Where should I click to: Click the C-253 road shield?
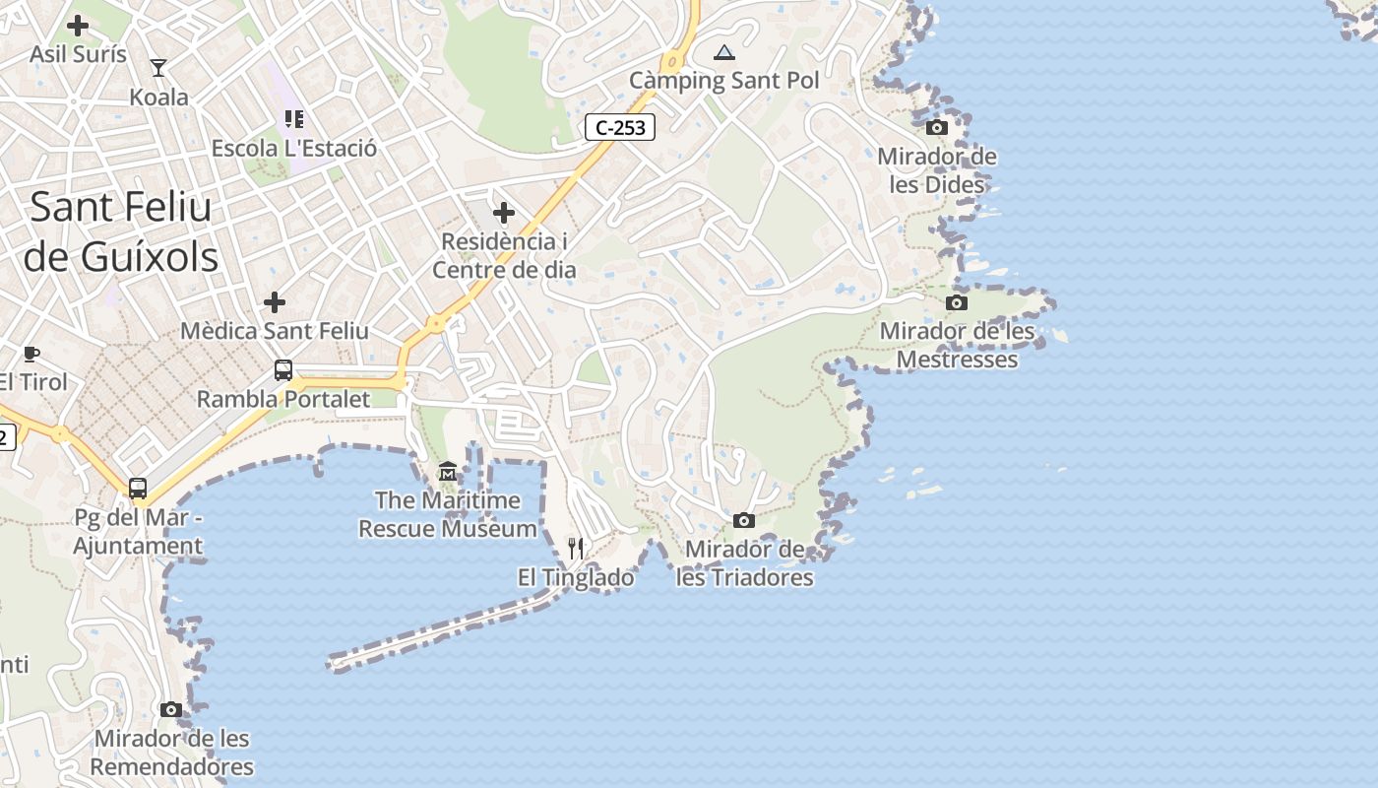(x=620, y=127)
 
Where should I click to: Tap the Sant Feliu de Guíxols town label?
(x=120, y=231)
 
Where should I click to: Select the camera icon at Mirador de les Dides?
(x=937, y=127)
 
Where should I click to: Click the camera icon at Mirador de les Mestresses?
(x=957, y=302)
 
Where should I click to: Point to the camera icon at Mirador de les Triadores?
(x=744, y=520)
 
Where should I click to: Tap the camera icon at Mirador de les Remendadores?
(x=171, y=709)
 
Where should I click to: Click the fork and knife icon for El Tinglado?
(x=576, y=549)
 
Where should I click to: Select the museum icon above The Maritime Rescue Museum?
(x=448, y=472)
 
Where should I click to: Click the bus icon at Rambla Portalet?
(x=283, y=370)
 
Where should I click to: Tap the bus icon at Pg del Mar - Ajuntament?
(x=138, y=489)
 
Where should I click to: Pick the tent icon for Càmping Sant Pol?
(x=724, y=52)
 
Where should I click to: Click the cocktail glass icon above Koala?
(x=158, y=68)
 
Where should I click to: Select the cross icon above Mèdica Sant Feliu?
(x=275, y=301)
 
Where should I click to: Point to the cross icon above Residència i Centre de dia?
(x=504, y=212)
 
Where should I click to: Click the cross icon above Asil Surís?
(x=78, y=26)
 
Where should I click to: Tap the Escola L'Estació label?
(x=294, y=149)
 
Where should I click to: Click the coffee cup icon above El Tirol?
(x=31, y=354)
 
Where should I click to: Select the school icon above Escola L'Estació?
(x=294, y=119)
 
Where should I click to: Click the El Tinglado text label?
(x=576, y=578)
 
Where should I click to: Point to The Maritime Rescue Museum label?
(x=448, y=514)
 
